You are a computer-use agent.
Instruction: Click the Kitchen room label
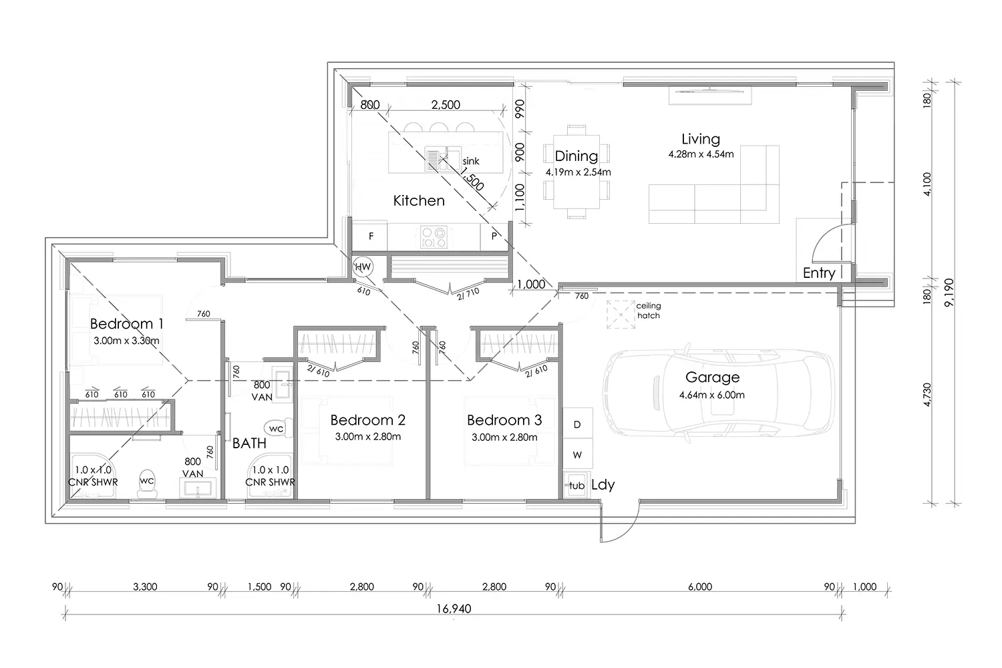point(419,200)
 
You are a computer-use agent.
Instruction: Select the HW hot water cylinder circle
point(363,267)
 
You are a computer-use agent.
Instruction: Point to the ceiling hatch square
point(621,315)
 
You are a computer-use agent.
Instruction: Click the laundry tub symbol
point(576,486)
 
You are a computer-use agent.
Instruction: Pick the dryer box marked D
point(578,424)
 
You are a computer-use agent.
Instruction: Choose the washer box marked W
point(578,455)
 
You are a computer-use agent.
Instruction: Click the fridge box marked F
point(370,236)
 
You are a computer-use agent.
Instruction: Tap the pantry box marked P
point(494,236)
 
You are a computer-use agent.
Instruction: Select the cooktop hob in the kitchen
point(434,237)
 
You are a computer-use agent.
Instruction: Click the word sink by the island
point(471,161)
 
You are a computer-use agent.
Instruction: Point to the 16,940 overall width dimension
point(454,609)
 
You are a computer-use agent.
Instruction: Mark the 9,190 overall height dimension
point(949,293)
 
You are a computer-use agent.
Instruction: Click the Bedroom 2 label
point(367,420)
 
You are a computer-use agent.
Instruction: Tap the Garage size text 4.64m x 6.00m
point(711,395)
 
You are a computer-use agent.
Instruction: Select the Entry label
point(819,273)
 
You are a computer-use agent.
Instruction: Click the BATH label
point(249,444)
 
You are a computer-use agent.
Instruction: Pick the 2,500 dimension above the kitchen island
point(446,105)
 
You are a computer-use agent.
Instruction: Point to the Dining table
point(576,172)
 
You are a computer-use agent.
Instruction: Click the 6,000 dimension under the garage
point(700,587)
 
